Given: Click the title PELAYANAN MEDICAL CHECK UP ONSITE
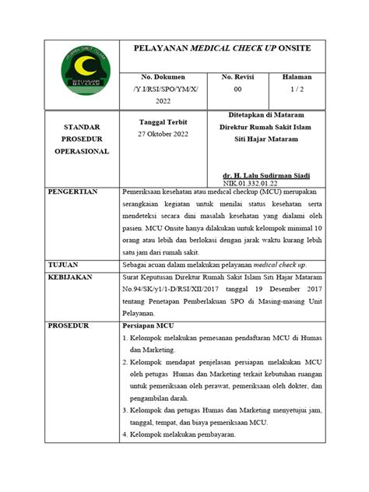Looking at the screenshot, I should coord(223,48).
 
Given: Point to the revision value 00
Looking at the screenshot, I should coord(238,90).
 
